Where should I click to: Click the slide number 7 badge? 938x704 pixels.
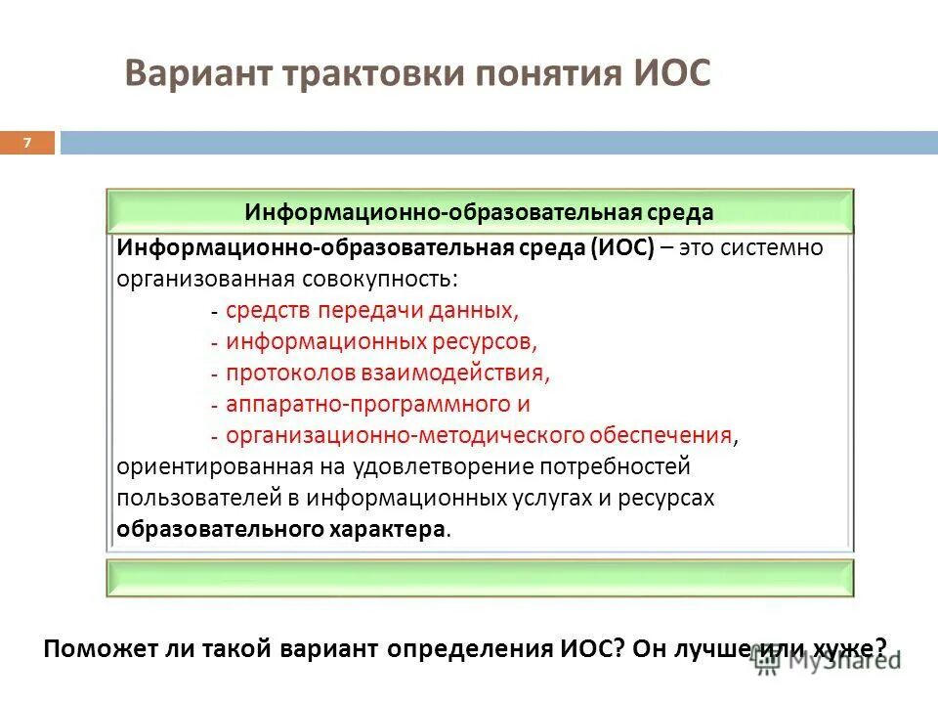pyautogui.click(x=27, y=144)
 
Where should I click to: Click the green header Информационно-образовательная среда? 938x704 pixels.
pyautogui.click(x=479, y=212)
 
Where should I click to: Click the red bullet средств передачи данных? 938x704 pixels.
pyautogui.click(x=372, y=310)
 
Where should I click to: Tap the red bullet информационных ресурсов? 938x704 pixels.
pyautogui.click(x=382, y=341)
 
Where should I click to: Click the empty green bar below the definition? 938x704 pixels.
pyautogui.click(x=479, y=578)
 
